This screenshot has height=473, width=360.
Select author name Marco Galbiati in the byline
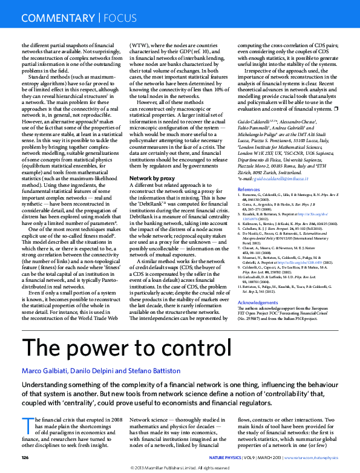44,370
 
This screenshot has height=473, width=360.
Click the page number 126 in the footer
25,457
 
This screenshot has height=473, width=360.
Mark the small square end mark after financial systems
336,109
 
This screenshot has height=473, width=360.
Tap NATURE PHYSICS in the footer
227,457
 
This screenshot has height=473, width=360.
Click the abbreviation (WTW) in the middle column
142,45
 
